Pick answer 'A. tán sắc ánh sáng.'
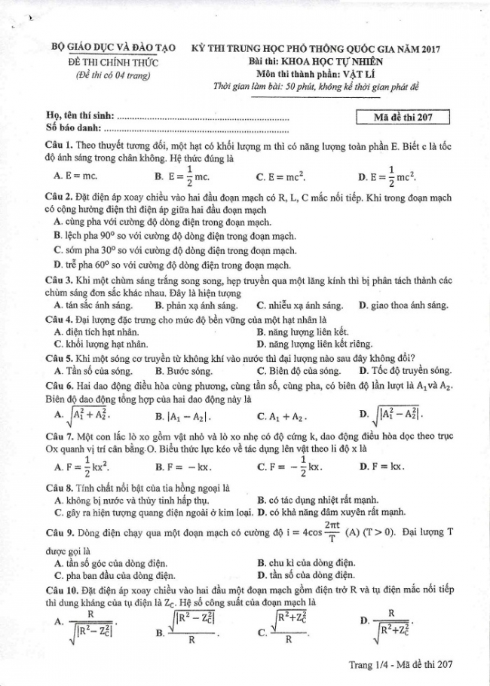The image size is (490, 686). (x=93, y=305)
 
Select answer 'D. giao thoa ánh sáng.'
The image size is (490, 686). (x=403, y=305)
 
